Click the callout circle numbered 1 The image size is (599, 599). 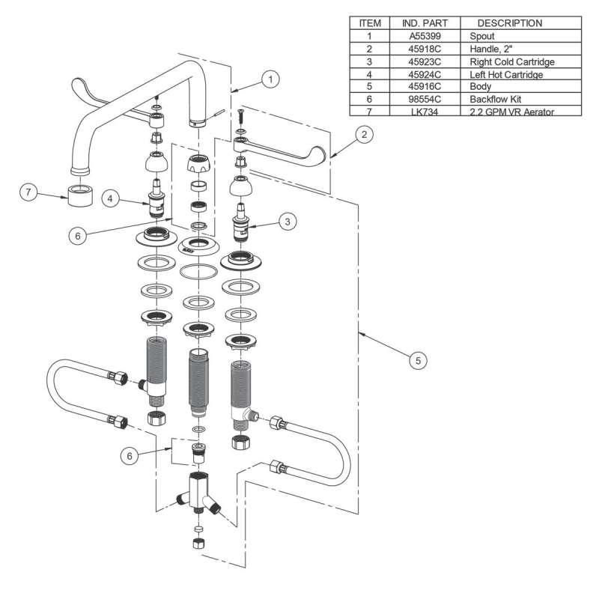point(272,78)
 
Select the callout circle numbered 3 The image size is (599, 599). point(287,221)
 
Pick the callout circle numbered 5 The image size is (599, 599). point(419,360)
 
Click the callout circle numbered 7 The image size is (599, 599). point(29,192)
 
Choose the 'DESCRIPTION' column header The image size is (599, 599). point(510,22)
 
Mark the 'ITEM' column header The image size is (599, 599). point(370,22)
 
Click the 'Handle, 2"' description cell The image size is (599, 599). point(493,48)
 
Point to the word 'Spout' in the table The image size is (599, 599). point(483,35)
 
